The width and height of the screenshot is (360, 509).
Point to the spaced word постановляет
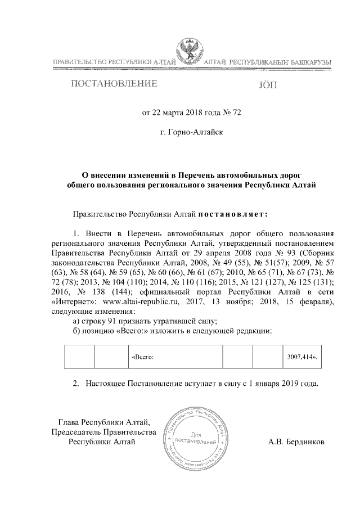click(x=233, y=214)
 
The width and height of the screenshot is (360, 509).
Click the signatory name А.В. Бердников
click(x=296, y=442)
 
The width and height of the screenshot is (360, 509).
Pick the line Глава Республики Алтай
click(x=104, y=422)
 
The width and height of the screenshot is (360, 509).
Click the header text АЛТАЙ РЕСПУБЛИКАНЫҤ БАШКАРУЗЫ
click(x=265, y=61)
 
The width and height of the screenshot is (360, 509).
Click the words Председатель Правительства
click(x=103, y=431)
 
